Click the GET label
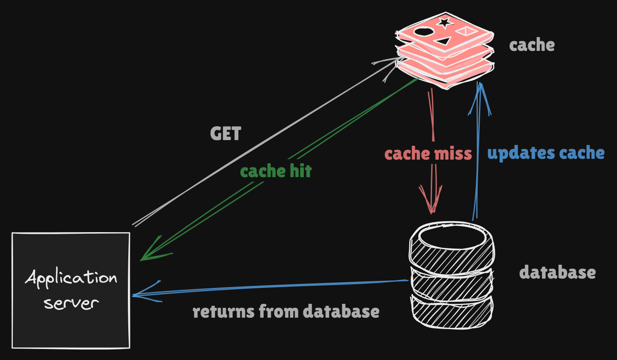(226, 134)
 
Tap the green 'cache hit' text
(276, 171)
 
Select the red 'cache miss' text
(428, 154)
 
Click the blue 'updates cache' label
(546, 153)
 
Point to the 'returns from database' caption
(286, 312)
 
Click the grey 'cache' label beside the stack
(532, 45)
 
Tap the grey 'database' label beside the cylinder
(557, 272)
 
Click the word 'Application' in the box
(71, 279)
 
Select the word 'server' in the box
(71, 303)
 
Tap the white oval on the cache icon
(424, 31)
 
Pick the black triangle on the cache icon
(443, 41)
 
